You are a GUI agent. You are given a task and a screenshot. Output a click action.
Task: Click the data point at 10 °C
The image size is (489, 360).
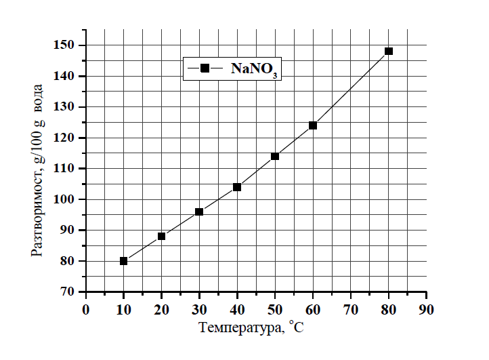point(123,261)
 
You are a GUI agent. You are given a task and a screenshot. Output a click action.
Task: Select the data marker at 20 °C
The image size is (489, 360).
point(161,236)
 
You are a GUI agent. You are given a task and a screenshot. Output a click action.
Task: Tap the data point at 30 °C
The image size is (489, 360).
point(199,212)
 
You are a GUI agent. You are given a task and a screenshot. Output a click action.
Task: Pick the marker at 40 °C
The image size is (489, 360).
point(237,187)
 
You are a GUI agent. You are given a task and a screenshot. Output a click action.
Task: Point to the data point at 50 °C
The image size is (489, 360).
point(275,156)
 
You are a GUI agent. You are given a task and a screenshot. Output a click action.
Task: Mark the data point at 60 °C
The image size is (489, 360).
point(313,125)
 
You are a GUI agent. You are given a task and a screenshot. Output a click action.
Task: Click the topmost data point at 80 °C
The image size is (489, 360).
point(389,51)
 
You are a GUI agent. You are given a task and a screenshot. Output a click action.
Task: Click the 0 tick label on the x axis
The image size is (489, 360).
point(85,309)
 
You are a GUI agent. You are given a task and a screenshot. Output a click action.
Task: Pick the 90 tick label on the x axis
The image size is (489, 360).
point(426,309)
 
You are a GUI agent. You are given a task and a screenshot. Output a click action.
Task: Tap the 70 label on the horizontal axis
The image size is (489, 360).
point(350,309)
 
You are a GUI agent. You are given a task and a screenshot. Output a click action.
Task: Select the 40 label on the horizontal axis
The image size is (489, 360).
point(237,309)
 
